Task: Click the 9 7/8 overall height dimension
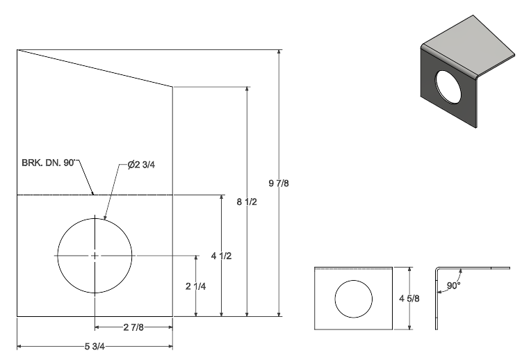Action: coord(279,183)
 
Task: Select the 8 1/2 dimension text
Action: coord(247,202)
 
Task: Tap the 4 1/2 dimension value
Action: coord(222,256)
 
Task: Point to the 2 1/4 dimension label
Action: coord(196,286)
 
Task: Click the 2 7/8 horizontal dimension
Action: coord(133,327)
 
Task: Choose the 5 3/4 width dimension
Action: coord(95,347)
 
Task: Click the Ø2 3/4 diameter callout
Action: coord(141,164)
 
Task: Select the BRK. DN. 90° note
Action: coord(49,163)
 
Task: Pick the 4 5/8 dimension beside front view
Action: coord(409,298)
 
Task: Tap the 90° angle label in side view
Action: coord(453,286)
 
